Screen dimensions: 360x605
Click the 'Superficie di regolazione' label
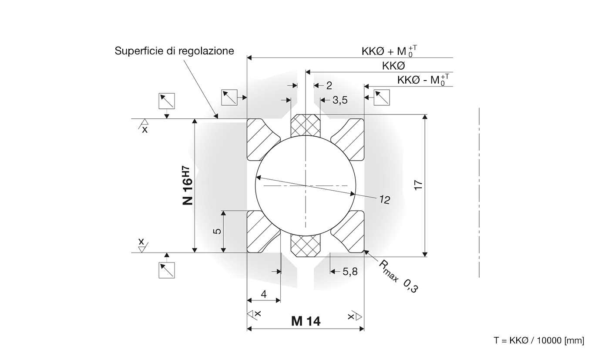point(174,51)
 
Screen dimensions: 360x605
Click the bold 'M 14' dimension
point(306,321)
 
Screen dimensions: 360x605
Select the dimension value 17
point(418,185)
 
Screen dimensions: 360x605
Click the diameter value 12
point(384,200)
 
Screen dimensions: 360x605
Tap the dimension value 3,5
point(340,101)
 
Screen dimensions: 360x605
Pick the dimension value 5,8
point(350,272)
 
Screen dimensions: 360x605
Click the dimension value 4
point(264,294)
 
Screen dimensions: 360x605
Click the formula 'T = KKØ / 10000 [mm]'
point(539,340)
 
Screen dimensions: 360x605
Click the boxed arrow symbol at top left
point(167,101)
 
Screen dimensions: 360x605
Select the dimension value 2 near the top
point(329,85)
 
